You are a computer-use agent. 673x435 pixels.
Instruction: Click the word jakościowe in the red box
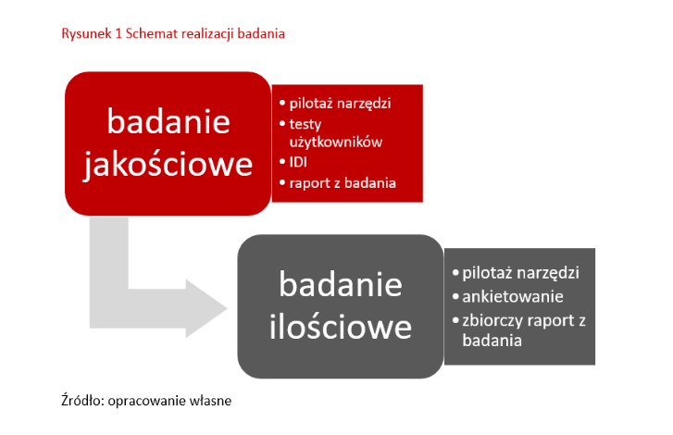pos(168,163)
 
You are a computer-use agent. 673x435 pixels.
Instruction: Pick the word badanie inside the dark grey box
pos(340,284)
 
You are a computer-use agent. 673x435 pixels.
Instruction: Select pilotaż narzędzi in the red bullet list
pos(340,103)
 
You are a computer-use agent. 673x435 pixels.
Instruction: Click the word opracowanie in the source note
pos(143,402)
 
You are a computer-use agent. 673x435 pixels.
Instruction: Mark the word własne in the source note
pos(208,402)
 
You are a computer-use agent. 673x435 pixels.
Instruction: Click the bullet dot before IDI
pos(281,162)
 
